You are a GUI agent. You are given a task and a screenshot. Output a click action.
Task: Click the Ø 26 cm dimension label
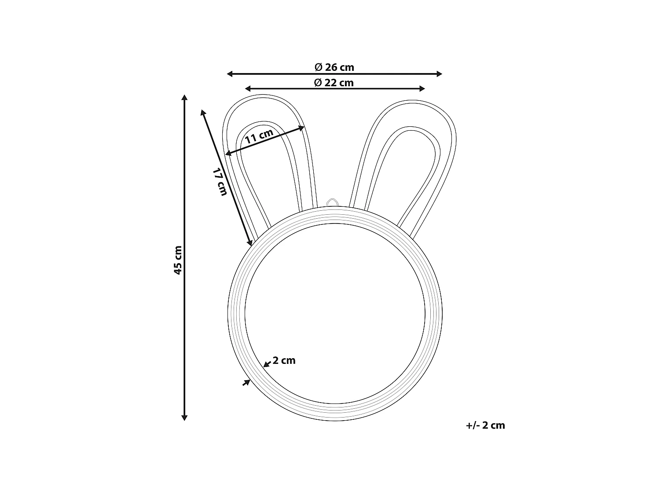(x=334, y=67)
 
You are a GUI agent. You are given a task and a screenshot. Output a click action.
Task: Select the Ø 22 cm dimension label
(x=334, y=83)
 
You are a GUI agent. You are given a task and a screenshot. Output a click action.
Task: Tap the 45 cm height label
(x=178, y=260)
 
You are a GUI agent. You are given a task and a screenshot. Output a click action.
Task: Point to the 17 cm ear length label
(x=220, y=182)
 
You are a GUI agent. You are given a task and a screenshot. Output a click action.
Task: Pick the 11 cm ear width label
(x=259, y=136)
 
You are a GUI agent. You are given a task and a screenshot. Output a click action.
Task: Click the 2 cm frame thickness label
(x=284, y=360)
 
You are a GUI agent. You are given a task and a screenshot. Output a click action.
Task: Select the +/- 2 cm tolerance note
(x=485, y=425)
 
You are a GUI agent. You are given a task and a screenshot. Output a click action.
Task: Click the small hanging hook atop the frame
(x=332, y=202)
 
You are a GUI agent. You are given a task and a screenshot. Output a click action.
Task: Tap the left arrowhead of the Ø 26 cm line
(x=230, y=74)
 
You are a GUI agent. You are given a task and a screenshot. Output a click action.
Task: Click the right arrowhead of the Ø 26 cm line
(x=439, y=74)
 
